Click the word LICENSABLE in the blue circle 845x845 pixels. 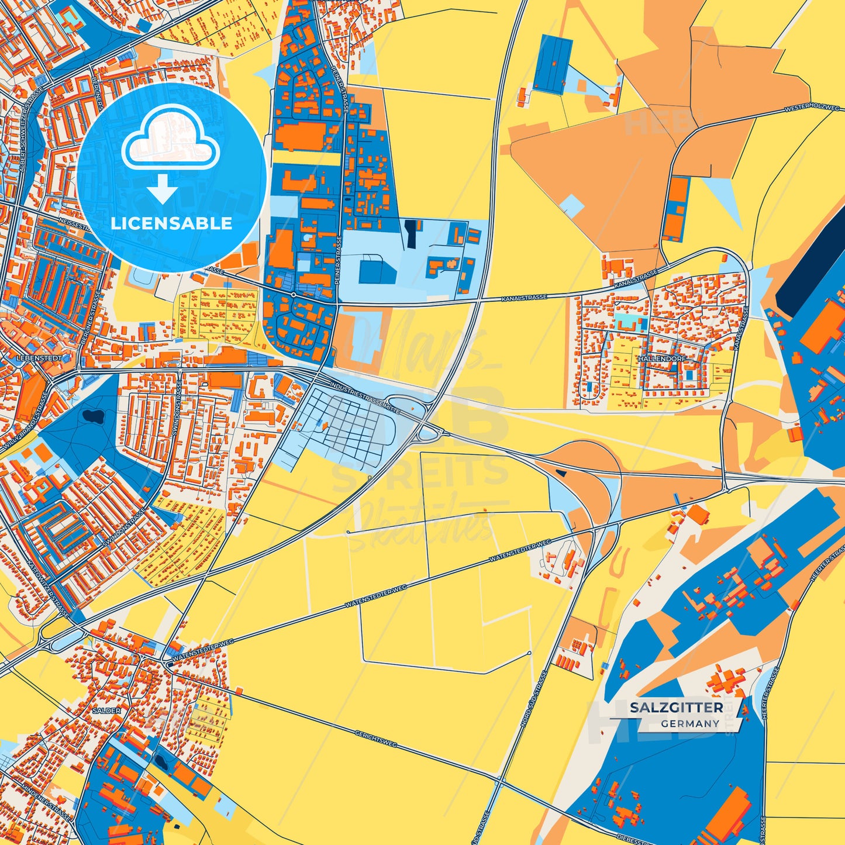pyautogui.click(x=171, y=223)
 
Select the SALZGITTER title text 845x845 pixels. pyautogui.click(x=676, y=708)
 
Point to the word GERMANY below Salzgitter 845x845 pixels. pyautogui.click(x=690, y=723)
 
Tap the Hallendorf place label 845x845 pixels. pyautogui.click(x=662, y=358)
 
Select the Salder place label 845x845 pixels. pyautogui.click(x=106, y=711)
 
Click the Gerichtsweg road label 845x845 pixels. pyautogui.click(x=375, y=738)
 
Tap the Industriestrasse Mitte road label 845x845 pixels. pyautogui.click(x=365, y=398)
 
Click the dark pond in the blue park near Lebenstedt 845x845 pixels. pyautogui.click(x=92, y=416)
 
